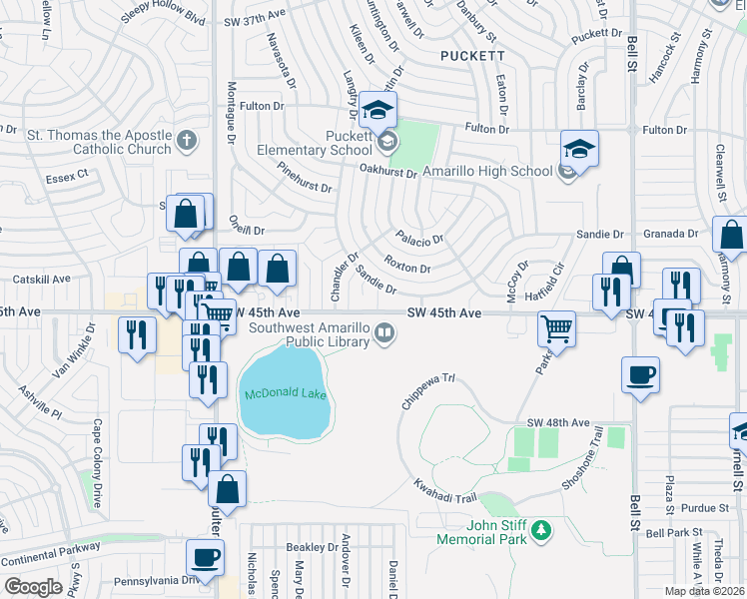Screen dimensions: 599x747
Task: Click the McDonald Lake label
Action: coord(284,395)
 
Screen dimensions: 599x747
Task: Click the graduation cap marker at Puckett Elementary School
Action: coord(378,110)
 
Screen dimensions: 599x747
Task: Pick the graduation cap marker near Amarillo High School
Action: coord(579,150)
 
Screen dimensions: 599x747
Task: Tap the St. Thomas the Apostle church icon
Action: coord(186,143)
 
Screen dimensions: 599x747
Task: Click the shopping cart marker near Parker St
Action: coord(556,327)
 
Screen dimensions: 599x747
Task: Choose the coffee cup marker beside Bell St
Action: coord(639,375)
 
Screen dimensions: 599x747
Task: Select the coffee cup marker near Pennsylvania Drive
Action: coord(206,558)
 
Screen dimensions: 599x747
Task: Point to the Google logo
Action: coord(33,587)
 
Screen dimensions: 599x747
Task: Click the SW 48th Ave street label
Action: coord(563,422)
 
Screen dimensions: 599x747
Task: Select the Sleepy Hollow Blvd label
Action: coord(162,19)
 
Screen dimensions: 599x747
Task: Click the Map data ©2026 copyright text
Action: coord(706,591)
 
